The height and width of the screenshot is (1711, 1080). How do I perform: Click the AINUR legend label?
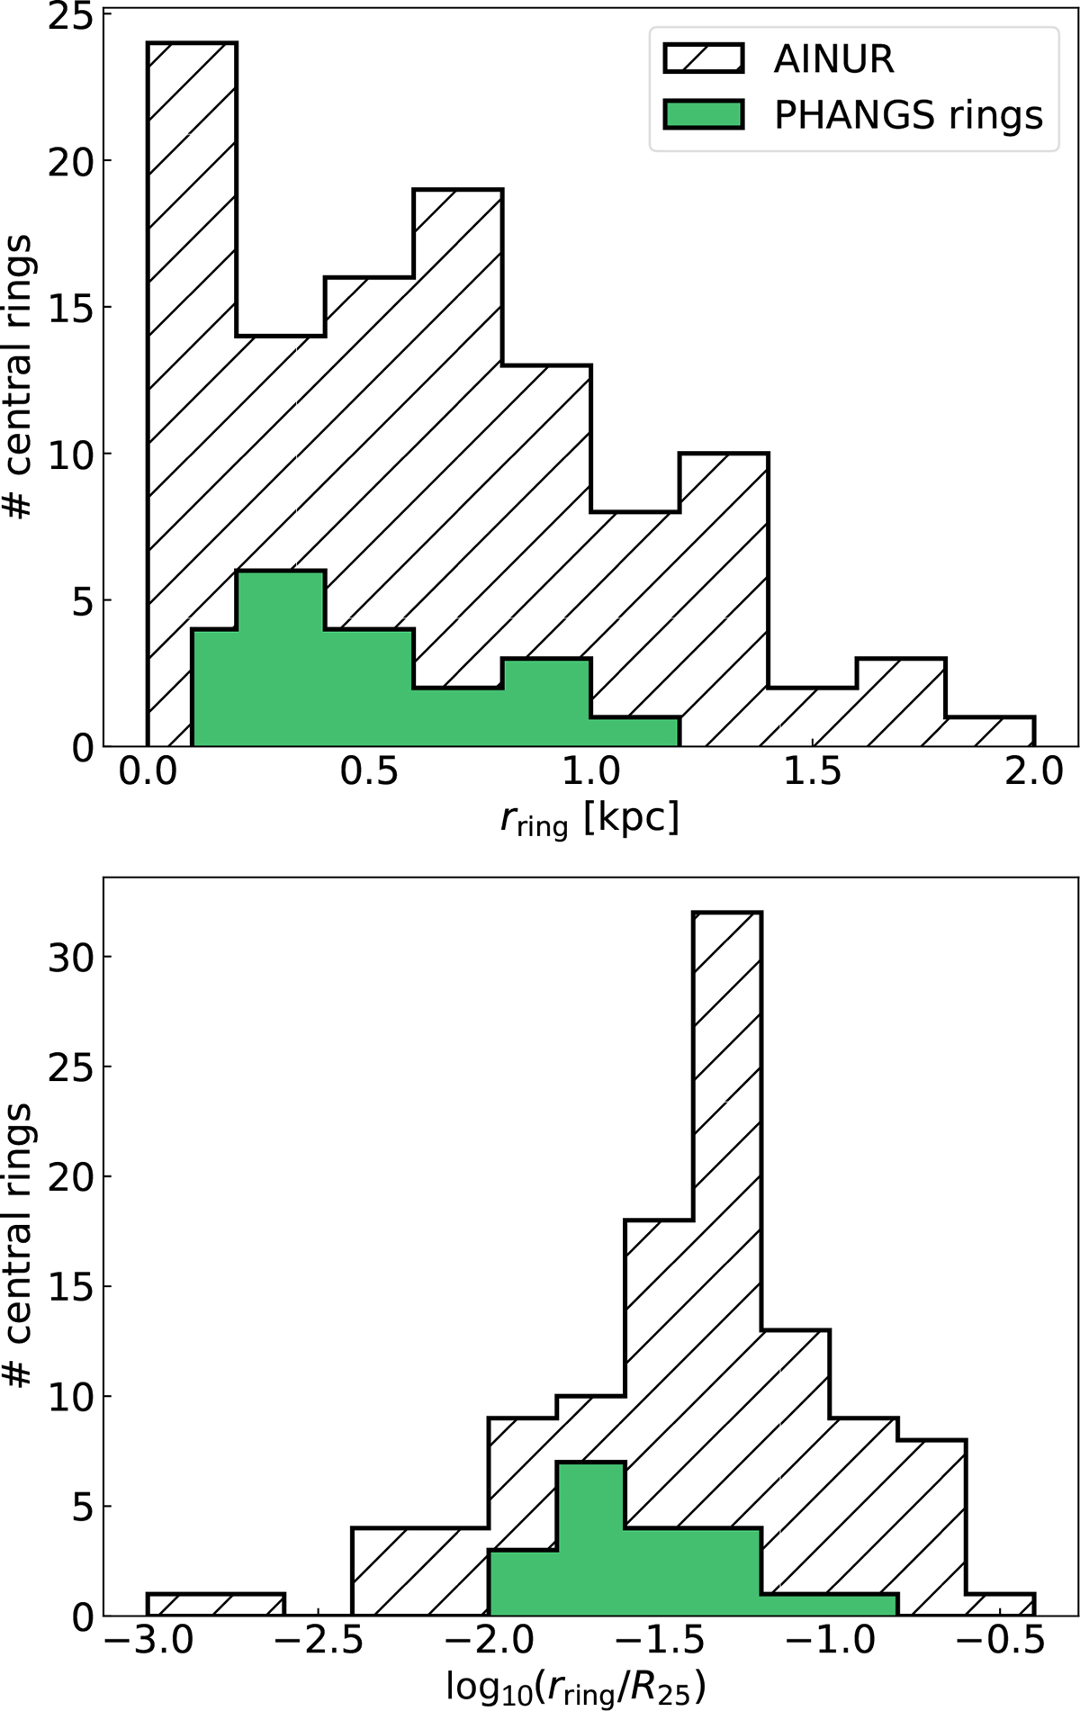pos(833,59)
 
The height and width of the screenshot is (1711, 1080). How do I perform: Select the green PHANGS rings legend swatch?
pos(703,114)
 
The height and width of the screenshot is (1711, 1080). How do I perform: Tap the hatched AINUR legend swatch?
pos(703,59)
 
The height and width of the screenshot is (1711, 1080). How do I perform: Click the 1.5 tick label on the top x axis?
pos(812,772)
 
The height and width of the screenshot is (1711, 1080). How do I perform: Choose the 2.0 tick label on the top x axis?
pos(1033,772)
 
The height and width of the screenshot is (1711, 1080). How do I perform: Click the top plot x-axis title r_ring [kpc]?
pos(589,820)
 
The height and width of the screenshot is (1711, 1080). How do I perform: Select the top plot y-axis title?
pos(20,378)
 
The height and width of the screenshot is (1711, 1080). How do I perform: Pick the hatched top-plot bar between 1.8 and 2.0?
pos(990,732)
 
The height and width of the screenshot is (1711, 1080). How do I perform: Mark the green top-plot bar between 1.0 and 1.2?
pos(634,732)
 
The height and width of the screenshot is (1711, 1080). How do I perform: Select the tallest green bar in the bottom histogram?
pos(590,1539)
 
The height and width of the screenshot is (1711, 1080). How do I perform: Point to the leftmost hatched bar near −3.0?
pos(215,1605)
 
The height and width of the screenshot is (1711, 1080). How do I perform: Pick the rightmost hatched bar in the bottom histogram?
pos(1000,1605)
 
